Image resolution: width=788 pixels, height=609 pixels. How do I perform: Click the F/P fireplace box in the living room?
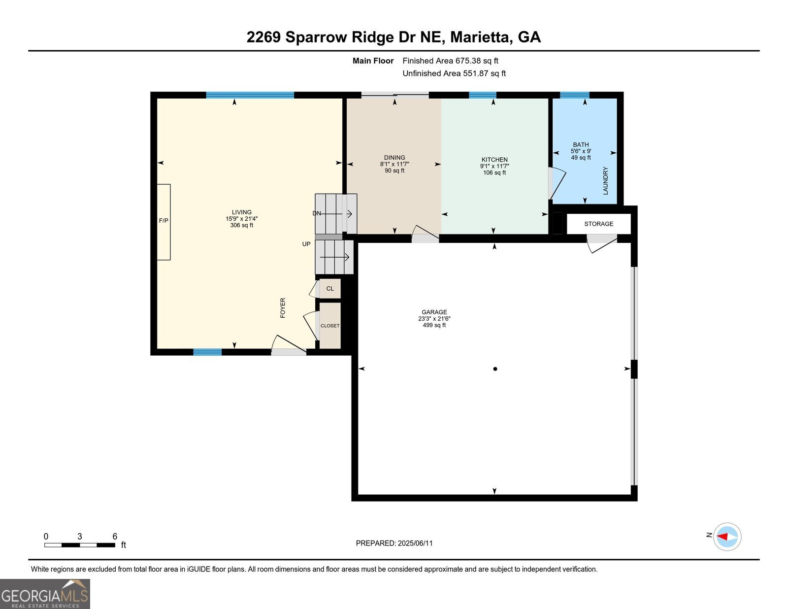click(164, 222)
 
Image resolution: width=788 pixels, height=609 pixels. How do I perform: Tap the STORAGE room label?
click(598, 224)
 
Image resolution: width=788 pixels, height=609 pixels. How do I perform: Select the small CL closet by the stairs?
click(330, 289)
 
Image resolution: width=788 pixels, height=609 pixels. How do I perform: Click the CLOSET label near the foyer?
click(330, 326)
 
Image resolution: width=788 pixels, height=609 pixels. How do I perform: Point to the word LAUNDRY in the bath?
click(606, 181)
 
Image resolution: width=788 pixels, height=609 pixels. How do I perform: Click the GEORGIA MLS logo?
click(45, 594)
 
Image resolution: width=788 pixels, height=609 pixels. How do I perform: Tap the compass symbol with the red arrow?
click(727, 537)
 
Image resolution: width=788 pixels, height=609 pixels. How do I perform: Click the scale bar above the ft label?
click(80, 545)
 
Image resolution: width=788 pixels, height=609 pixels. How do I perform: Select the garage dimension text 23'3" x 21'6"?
click(434, 319)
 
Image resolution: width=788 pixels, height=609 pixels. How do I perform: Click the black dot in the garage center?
click(495, 369)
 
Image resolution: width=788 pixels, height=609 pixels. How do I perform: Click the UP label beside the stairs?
click(306, 244)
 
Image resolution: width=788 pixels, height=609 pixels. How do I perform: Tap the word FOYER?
click(283, 307)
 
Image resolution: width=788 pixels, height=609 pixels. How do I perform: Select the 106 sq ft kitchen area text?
click(494, 173)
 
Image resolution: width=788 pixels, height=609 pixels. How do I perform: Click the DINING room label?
click(394, 158)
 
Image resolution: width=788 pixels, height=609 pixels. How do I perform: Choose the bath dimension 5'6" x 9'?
click(581, 151)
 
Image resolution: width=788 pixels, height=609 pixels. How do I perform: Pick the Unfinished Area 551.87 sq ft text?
click(454, 73)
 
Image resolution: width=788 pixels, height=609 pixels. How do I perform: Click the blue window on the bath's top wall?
click(574, 95)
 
